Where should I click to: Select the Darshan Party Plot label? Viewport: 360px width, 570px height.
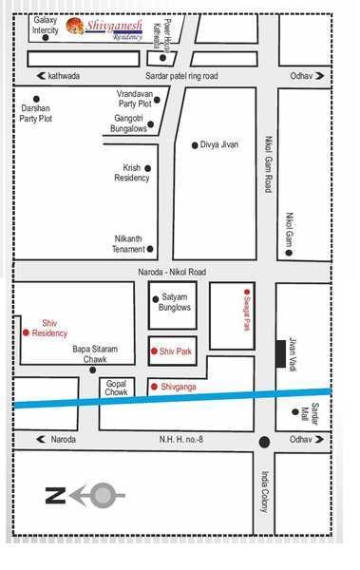(x=36, y=113)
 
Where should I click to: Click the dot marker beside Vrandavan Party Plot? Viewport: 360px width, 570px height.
(x=157, y=98)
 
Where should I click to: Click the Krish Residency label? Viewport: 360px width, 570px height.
(x=131, y=173)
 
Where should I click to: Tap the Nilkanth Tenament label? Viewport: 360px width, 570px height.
(x=125, y=243)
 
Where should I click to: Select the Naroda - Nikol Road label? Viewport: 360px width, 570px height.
(x=175, y=272)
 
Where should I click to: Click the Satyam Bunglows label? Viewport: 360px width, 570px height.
(x=176, y=302)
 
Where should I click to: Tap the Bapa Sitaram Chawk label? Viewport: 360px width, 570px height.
(x=96, y=354)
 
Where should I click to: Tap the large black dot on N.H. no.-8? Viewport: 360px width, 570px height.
(x=264, y=441)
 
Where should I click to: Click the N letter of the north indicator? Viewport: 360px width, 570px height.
(x=55, y=494)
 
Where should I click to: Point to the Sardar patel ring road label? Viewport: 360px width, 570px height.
(x=181, y=75)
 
